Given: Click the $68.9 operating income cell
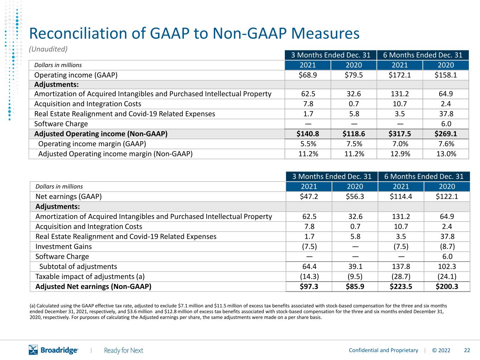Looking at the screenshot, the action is (x=308, y=75).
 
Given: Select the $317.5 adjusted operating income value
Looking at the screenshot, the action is (x=399, y=134).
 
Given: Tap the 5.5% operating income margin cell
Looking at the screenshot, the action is (x=308, y=144).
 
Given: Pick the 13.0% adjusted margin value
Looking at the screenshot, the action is (x=446, y=154).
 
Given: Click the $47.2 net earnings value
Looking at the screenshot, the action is (x=309, y=197).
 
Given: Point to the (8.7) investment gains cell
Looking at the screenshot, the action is (x=447, y=246).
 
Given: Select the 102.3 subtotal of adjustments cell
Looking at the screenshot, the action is (x=447, y=266).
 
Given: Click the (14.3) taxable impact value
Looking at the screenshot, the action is (x=309, y=276).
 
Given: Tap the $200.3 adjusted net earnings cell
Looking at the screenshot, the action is (x=447, y=287).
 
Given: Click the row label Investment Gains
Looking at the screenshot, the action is (x=63, y=246).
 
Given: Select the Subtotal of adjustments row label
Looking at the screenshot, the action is (x=78, y=266).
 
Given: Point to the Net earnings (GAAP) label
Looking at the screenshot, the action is (x=69, y=197).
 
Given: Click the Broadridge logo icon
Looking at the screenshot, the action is (x=33, y=350).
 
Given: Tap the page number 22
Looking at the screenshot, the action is (x=467, y=351).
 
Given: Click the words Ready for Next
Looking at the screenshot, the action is (x=123, y=351).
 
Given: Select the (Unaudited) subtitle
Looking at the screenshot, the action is (x=48, y=49).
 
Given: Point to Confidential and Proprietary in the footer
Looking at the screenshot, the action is (x=383, y=351).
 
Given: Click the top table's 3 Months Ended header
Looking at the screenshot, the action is (x=331, y=55).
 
